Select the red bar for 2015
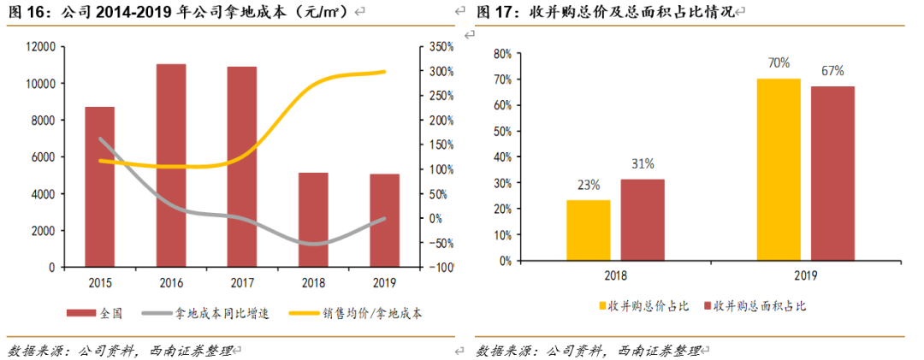(100, 186)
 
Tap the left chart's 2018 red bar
(313, 220)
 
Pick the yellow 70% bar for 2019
(779, 169)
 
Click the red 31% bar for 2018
(643, 219)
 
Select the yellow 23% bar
(589, 229)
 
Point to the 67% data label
(832, 71)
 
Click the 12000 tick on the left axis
(40, 47)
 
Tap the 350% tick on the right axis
(441, 47)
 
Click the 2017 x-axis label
(242, 283)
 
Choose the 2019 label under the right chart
(806, 275)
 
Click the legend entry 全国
(110, 313)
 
